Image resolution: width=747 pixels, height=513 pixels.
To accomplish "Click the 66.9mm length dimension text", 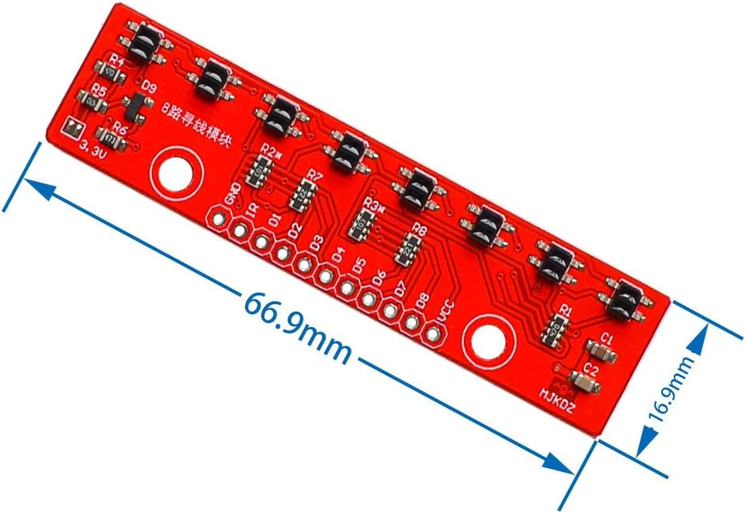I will point(297,326).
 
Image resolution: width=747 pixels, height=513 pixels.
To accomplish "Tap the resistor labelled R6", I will point(109,137).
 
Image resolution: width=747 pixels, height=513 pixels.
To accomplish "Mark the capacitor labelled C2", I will point(584,383).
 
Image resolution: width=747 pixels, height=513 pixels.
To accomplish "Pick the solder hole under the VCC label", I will point(433,334).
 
